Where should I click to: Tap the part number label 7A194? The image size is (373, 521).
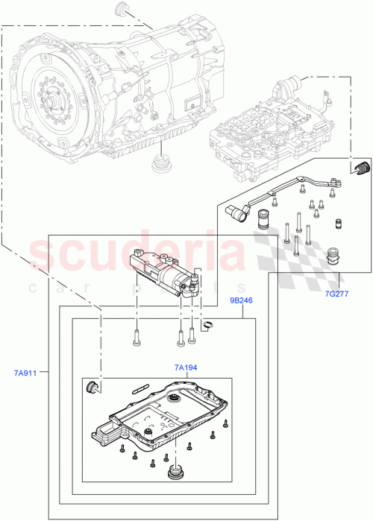click(186, 367)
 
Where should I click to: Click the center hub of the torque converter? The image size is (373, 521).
click(55, 97)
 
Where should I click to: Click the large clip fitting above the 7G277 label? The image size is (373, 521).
click(332, 257)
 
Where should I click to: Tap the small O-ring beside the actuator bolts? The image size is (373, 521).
click(210, 323)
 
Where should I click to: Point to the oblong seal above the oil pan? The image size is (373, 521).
click(142, 388)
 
